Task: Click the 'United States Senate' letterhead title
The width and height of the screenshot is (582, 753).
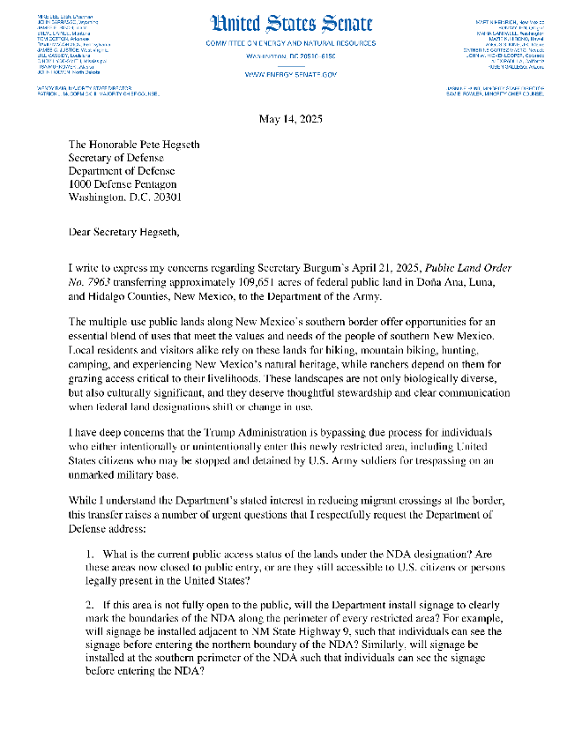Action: point(290,24)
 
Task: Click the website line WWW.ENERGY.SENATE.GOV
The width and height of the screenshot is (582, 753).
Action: point(290,75)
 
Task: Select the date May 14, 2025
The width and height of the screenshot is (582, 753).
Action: point(290,120)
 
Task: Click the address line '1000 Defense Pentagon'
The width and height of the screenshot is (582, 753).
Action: point(128,184)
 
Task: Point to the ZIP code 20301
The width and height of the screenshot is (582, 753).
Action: point(164,198)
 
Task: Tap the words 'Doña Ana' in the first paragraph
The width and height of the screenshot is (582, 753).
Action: point(456,283)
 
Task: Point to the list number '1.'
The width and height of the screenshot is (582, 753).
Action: point(91,554)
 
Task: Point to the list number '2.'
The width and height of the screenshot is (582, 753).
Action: point(91,608)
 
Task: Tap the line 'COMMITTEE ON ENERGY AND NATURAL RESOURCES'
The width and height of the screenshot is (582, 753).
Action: point(290,43)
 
